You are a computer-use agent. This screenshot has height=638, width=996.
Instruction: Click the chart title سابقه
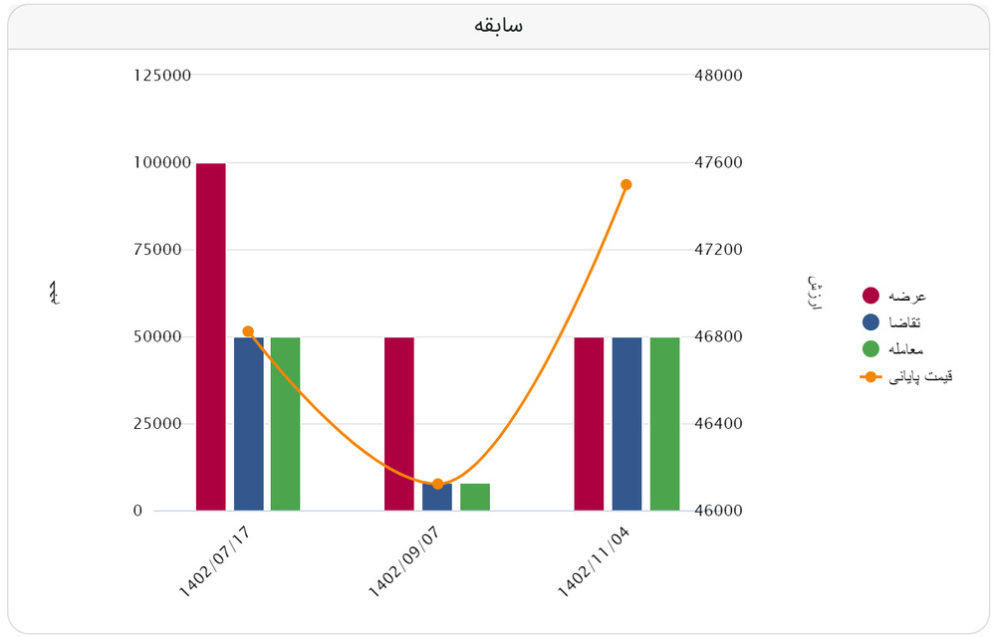coord(498,26)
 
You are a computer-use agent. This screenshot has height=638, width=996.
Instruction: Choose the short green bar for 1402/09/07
coord(474,497)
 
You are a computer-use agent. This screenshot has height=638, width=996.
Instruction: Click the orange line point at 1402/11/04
coord(626,184)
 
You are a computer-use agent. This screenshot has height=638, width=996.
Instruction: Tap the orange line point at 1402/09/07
coord(437,484)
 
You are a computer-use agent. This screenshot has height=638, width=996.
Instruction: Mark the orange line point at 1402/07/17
coord(248,331)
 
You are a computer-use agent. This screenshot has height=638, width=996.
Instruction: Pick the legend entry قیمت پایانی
coord(906,376)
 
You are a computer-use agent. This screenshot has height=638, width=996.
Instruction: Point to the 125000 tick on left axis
coord(162,76)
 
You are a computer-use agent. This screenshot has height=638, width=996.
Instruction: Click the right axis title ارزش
coord(814,293)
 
